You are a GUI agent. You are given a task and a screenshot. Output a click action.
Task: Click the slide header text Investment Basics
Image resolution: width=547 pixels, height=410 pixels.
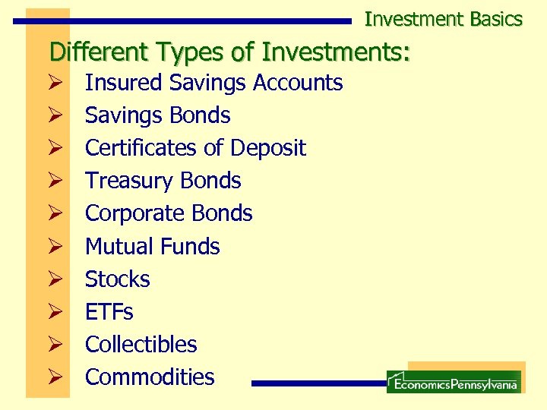(443, 19)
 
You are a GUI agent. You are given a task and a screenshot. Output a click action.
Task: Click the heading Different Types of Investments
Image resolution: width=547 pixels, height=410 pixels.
(229, 52)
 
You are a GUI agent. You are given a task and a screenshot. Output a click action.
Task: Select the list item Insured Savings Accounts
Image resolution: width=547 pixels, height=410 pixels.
(213, 83)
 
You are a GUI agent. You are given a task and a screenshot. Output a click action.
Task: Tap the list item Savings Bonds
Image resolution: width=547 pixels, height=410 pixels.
(157, 115)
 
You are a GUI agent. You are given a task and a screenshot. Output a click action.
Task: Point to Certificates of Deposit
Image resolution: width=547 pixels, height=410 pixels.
(195, 148)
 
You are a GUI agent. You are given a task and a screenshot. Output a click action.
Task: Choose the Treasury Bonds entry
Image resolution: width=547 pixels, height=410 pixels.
(163, 181)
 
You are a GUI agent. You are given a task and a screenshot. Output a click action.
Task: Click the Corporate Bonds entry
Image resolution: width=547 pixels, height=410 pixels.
(169, 213)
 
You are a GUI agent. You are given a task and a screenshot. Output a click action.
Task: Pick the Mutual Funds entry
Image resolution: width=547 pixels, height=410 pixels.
(152, 247)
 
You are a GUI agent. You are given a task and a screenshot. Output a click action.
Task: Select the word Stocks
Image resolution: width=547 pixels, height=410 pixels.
(118, 279)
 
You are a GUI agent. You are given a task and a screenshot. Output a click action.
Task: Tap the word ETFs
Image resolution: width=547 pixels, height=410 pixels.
(109, 312)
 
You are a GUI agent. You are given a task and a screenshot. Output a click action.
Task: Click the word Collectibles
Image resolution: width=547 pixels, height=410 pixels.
(141, 345)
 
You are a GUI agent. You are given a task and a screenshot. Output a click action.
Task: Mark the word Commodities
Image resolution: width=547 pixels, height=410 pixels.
(150, 377)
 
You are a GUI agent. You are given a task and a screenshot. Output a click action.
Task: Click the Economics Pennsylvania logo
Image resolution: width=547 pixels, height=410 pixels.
(454, 382)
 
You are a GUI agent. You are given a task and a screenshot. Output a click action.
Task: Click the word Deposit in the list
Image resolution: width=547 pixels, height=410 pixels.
(268, 148)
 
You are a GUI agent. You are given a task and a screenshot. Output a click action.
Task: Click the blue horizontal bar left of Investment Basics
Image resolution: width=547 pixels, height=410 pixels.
(182, 21)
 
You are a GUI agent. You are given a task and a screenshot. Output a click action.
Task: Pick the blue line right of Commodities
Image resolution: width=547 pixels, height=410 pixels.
(319, 383)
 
